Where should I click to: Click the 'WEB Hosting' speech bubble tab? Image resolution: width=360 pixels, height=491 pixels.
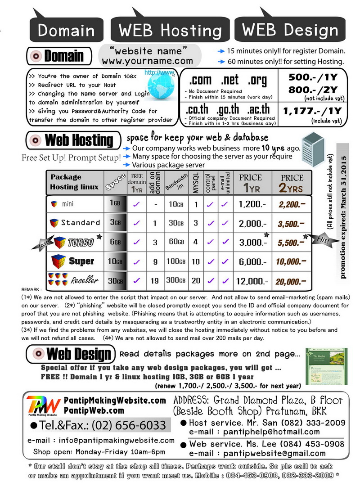point(170,30)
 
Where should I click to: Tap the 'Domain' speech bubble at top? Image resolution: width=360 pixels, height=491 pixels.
point(67,30)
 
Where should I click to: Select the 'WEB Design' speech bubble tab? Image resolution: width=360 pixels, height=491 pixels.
point(290,30)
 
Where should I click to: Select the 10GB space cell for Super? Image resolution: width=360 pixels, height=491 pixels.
point(115,261)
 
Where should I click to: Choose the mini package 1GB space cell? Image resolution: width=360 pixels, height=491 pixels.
point(115,204)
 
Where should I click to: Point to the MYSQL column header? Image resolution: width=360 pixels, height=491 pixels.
point(196,183)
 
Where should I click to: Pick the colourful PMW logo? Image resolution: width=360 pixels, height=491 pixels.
point(43,405)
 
